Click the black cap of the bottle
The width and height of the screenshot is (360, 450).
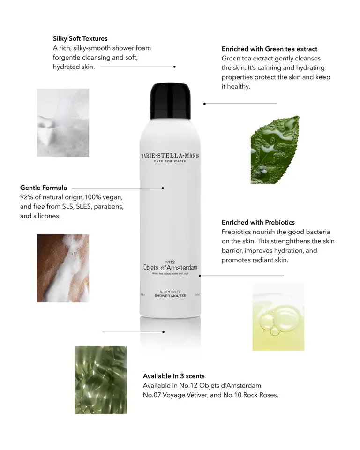pos(170,101)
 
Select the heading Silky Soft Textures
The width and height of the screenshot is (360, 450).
pos(80,38)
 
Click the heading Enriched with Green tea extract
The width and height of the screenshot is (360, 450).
pos(270,49)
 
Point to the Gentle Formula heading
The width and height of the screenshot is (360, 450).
pos(44,188)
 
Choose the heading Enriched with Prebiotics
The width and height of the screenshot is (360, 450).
pos(258,222)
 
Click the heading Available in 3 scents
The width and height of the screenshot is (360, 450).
pos(174,376)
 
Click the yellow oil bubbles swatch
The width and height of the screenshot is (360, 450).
pos(278,317)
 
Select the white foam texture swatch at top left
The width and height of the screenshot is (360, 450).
pos(63,122)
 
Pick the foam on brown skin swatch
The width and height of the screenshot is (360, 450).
pos(63,268)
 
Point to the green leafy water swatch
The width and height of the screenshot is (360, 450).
pos(101,380)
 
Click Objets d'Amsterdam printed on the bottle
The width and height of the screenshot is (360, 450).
pos(170,268)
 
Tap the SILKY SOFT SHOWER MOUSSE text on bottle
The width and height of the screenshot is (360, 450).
pos(170,294)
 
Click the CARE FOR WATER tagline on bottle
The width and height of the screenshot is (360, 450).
pos(170,163)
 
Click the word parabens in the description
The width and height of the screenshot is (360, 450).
pos(108,207)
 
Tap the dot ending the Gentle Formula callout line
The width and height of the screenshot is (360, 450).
pos(163,188)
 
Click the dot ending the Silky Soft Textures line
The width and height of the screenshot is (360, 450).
pos(174,67)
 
